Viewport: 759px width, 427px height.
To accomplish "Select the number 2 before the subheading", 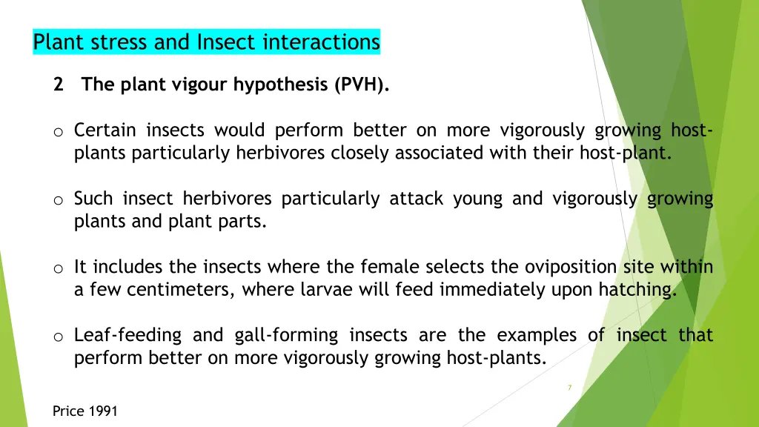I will [x=58, y=85].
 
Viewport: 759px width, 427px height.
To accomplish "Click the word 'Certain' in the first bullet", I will [x=105, y=130].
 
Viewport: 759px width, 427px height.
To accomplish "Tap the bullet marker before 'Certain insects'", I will [x=57, y=132].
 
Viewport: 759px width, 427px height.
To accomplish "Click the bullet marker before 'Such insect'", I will [x=57, y=200].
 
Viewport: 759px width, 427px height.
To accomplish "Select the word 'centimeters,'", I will [x=181, y=290].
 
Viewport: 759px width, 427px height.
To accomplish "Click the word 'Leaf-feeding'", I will [x=127, y=335].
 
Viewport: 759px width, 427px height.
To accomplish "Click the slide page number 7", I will [x=569, y=388].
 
